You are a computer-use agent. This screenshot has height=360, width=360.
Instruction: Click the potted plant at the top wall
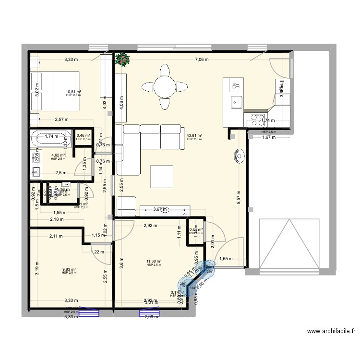[x=123, y=59]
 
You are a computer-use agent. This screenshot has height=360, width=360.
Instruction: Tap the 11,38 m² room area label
[x=154, y=262]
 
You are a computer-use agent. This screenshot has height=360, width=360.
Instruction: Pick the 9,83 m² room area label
[x=69, y=269]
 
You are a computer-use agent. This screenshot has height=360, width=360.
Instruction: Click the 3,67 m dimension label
[x=161, y=209]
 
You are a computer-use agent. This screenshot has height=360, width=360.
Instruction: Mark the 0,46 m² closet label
[x=83, y=136]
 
